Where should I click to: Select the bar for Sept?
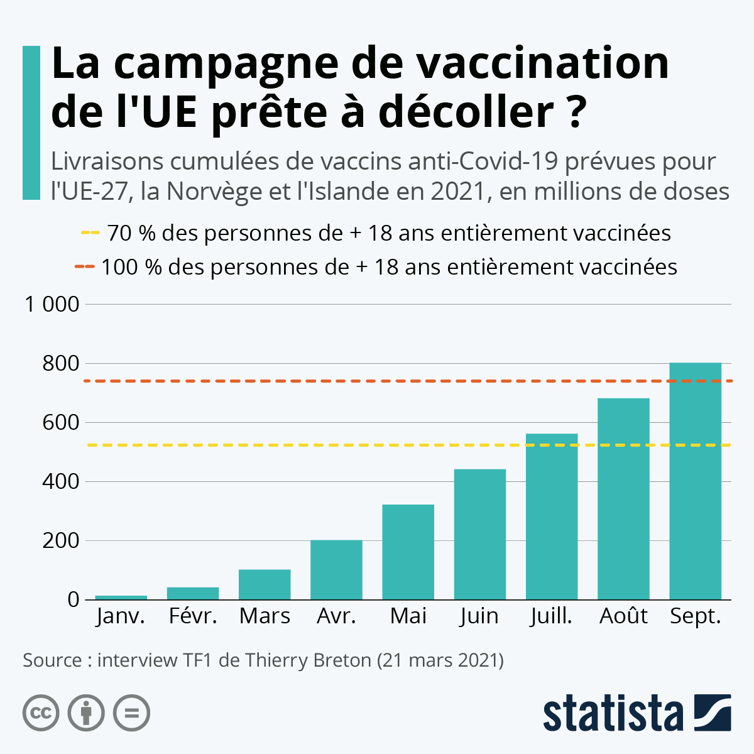(x=695, y=481)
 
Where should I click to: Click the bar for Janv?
(x=121, y=597)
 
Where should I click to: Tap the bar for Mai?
(x=408, y=552)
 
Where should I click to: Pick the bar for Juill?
(x=552, y=516)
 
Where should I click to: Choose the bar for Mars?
(x=265, y=584)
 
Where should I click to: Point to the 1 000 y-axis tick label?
(x=52, y=305)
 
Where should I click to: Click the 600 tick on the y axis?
(x=61, y=423)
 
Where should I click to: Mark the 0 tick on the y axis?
(x=74, y=600)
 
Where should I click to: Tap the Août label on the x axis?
(x=623, y=616)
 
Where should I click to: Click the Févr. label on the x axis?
(x=193, y=616)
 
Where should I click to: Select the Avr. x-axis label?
(x=336, y=616)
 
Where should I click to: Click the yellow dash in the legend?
(x=90, y=233)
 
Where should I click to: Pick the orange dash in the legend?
(x=84, y=267)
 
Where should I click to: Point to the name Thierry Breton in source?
(x=308, y=661)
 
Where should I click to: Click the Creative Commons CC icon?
(x=41, y=713)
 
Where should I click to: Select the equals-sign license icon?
(x=131, y=713)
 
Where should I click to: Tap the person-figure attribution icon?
(x=86, y=713)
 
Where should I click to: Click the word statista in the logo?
(x=613, y=713)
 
